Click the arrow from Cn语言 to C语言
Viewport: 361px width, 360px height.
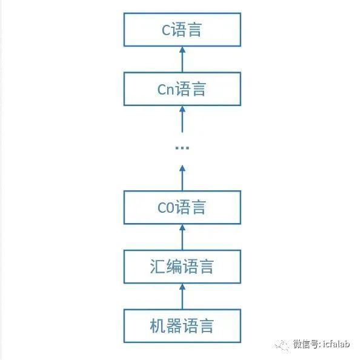pos(182,59)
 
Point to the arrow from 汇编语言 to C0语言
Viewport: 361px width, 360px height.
pos(182,237)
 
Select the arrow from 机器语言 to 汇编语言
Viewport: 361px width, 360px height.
pos(182,296)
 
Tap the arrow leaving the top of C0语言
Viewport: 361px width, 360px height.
pos(182,178)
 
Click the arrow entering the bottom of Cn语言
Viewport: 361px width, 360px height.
pos(182,119)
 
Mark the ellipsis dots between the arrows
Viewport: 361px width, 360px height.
pos(182,148)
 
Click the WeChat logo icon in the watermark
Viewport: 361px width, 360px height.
pos(282,345)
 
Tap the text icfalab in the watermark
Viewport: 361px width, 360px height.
pos(336,344)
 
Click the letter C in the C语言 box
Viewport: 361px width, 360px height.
pos(166,30)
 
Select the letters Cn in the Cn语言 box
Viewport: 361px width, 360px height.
pos(166,89)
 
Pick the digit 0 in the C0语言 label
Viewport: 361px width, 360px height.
pos(170,208)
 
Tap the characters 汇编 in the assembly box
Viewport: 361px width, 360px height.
pos(165,267)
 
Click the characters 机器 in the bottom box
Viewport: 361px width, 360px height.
pos(165,325)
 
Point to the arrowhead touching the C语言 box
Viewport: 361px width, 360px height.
pos(182,50)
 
